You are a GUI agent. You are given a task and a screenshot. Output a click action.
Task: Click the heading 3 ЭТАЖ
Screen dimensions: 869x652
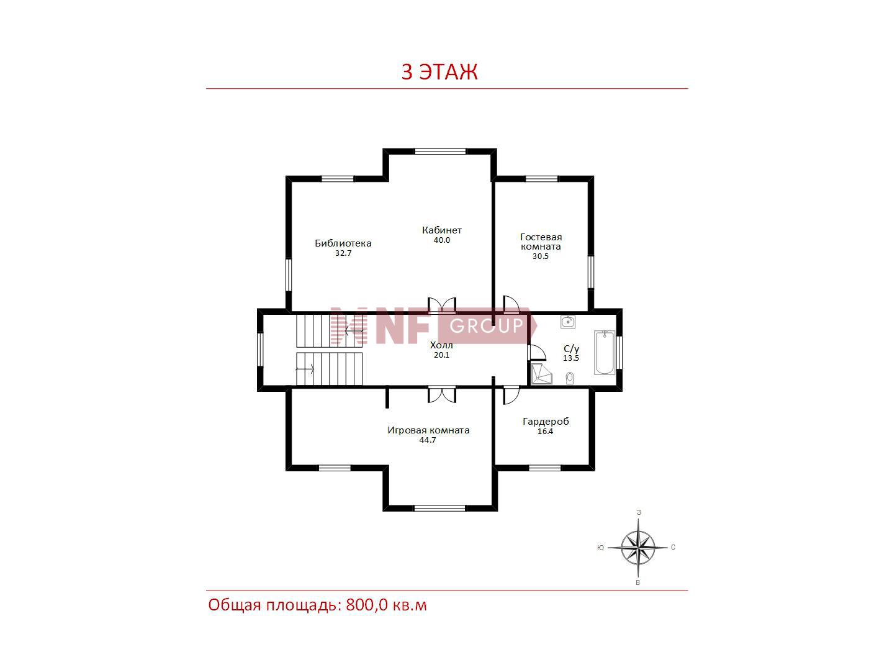(439, 71)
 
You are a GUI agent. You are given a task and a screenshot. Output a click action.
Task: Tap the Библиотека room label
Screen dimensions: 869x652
(343, 243)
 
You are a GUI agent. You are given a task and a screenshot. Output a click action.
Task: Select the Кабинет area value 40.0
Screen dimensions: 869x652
(441, 240)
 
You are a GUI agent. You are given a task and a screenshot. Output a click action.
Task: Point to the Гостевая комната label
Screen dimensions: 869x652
(541, 242)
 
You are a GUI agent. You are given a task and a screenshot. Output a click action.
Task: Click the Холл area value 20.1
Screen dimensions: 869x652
(441, 355)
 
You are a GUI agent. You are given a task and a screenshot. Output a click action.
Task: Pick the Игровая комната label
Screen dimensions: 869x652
(428, 430)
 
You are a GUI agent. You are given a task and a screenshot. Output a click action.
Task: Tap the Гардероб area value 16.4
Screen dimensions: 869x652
(545, 431)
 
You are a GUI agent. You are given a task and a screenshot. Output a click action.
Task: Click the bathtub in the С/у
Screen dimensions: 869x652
(605, 352)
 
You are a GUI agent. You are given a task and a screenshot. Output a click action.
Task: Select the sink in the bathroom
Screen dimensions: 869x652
(568, 322)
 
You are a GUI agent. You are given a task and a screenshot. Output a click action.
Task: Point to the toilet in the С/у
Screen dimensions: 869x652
(570, 378)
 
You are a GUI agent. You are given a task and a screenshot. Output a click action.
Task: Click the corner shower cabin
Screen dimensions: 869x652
(541, 373)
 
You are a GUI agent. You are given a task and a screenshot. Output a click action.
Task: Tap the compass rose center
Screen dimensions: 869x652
(638, 548)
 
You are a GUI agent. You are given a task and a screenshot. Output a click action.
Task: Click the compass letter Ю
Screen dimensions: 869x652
(601, 548)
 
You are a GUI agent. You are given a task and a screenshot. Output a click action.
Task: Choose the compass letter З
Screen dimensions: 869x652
(639, 513)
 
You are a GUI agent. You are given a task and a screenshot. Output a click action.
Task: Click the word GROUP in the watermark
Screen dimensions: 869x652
(487, 326)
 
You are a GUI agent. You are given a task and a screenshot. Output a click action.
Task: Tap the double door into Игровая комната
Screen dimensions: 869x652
(442, 394)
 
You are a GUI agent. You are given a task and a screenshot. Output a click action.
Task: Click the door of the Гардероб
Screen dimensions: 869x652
(511, 395)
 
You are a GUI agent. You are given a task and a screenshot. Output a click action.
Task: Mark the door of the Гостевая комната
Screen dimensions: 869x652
(511, 304)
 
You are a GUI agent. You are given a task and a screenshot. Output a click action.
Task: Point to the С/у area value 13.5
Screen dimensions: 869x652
(571, 358)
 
